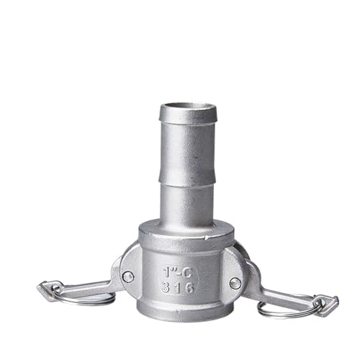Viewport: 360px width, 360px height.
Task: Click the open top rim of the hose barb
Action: tap(187, 109)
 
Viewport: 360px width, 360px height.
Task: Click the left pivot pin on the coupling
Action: tap(127, 276)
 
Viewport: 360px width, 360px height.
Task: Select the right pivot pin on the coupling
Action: tap(235, 283)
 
